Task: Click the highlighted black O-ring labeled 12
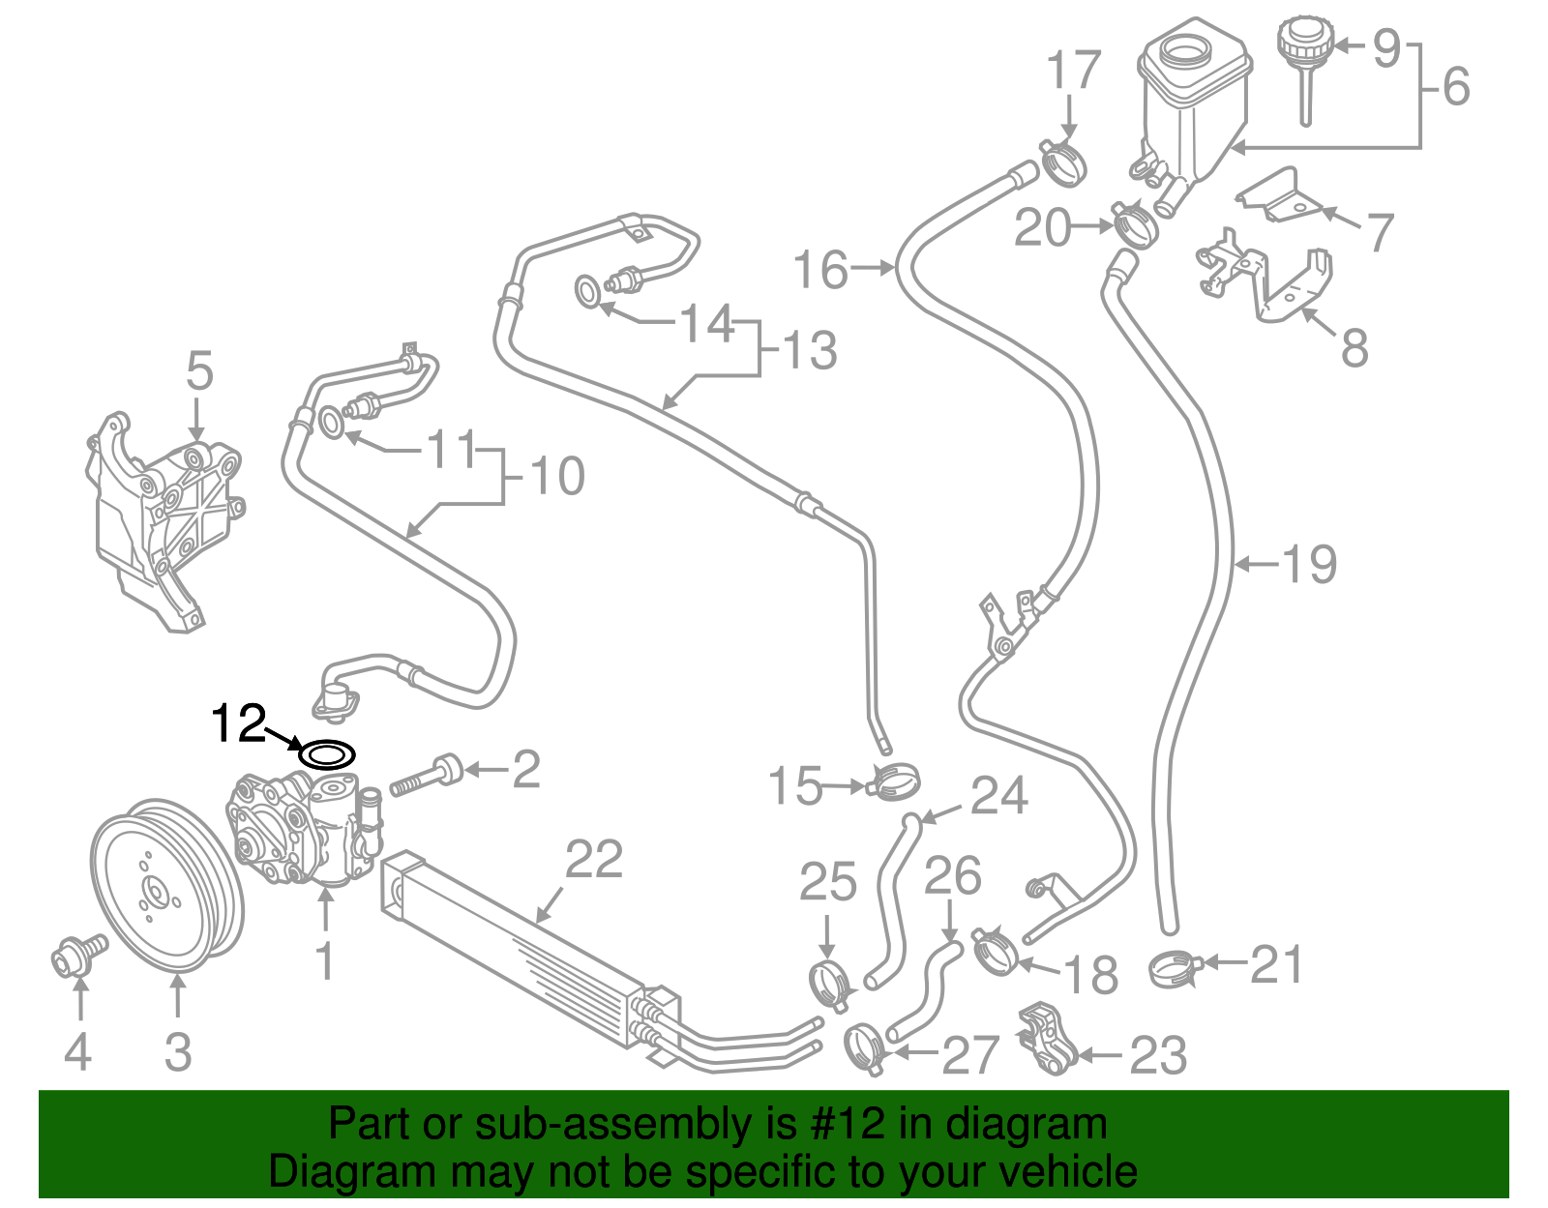327,753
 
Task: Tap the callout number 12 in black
238,723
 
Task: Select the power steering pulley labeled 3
165,884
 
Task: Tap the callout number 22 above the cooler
593,859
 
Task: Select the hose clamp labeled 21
1175,968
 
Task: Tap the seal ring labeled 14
587,290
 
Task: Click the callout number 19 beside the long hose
1309,564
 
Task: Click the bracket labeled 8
1267,280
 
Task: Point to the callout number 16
820,270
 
